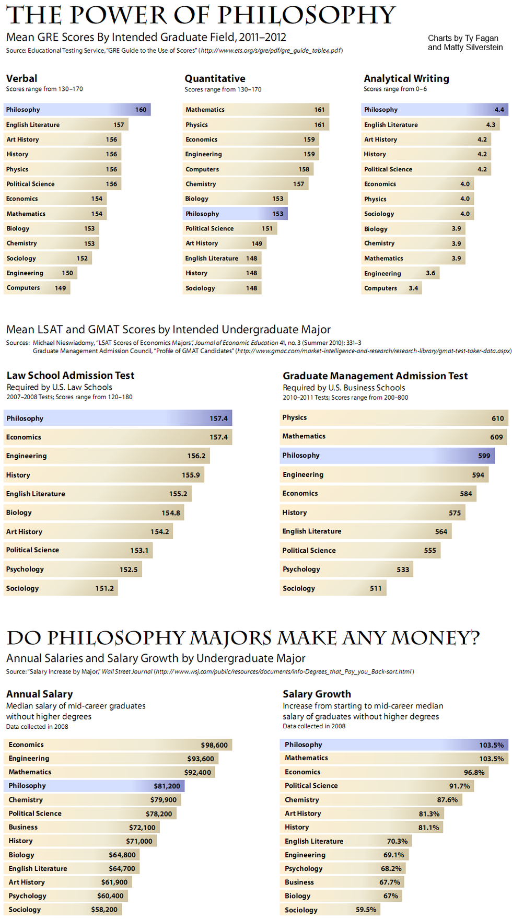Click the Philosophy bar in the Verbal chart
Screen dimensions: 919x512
77,110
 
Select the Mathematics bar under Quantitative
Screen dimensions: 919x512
255,110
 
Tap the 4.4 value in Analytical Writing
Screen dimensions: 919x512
499,110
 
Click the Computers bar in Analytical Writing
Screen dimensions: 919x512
391,288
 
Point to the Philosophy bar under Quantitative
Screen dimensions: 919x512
235,214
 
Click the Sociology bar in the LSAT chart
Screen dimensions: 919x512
61,588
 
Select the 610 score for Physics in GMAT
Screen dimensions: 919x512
497,418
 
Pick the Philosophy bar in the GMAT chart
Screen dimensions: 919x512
387,456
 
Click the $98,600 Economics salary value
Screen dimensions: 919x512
214,745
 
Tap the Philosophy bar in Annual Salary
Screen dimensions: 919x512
94,786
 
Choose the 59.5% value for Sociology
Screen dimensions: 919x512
366,910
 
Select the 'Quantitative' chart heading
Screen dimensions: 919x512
215,78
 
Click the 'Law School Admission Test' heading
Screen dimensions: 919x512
71,375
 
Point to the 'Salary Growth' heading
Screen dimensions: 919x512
317,694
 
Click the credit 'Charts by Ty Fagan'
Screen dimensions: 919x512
463,38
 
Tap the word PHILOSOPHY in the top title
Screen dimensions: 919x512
307,15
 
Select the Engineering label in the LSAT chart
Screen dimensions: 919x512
26,456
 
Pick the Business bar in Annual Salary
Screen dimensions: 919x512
82,827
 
